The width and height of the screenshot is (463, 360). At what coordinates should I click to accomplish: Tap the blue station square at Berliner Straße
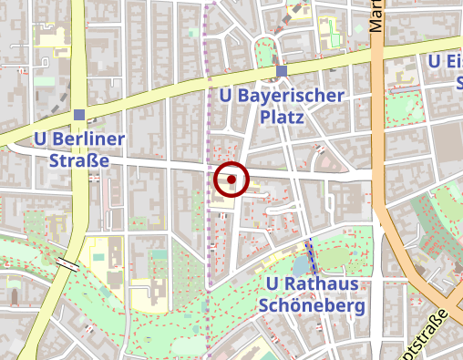tap(80, 115)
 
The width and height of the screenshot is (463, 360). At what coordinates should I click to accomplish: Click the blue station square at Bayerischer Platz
tap(282, 70)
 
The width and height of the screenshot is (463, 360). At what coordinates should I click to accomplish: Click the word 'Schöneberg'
tap(312, 306)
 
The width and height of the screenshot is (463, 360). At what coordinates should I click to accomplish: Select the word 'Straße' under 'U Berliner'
tap(77, 161)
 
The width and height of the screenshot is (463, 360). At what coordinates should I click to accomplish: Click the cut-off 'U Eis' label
tap(445, 62)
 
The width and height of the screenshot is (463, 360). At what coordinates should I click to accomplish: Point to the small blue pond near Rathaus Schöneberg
tap(301, 264)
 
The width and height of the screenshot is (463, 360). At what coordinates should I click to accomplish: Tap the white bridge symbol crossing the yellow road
tap(67, 264)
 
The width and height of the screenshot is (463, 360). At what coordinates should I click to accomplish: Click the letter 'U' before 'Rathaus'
tap(269, 284)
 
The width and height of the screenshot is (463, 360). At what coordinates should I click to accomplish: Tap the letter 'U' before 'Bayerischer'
tap(226, 96)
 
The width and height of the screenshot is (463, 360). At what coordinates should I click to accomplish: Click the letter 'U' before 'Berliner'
tap(38, 139)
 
